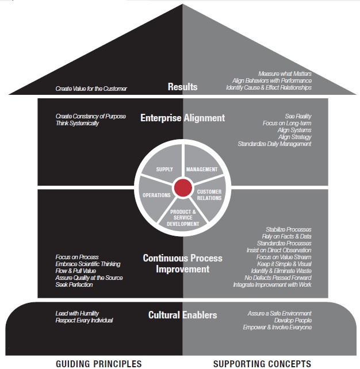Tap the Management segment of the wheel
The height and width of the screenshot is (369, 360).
click(202, 170)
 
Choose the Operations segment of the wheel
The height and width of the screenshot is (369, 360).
click(156, 195)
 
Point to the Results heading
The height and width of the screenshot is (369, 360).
click(182, 87)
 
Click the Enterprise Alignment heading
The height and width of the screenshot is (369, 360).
click(182, 118)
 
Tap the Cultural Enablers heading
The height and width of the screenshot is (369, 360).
click(182, 315)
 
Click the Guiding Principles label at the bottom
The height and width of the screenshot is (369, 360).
click(98, 363)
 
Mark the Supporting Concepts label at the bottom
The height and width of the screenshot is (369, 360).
click(262, 363)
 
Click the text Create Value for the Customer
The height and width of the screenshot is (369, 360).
click(91, 89)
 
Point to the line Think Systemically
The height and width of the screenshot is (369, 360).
click(77, 124)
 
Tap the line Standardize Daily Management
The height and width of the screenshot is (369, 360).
click(274, 144)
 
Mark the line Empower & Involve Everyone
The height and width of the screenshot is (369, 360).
click(277, 327)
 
